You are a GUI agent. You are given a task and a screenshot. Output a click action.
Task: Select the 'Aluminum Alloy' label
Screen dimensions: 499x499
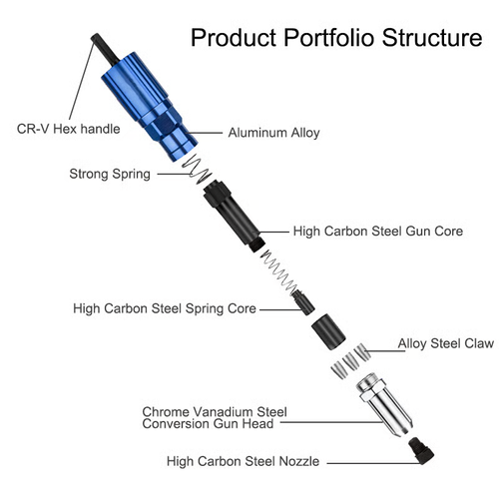[275, 132]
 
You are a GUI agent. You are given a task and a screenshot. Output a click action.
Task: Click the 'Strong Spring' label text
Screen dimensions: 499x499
[110, 174]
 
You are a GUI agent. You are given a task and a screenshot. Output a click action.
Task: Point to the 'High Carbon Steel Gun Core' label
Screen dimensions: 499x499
[378, 231]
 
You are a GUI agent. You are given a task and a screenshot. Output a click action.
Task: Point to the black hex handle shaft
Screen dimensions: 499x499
[100, 45]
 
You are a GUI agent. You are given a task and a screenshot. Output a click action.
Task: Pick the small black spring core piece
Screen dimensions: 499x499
[298, 301]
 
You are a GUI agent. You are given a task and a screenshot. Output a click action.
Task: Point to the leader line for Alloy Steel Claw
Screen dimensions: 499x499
[383, 343]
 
